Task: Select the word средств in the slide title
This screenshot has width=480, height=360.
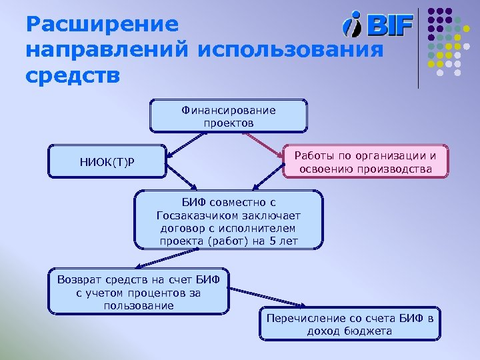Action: tap(73, 75)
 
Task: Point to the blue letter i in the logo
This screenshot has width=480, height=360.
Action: tap(352, 25)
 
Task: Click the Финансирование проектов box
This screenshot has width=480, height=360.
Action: tap(228, 117)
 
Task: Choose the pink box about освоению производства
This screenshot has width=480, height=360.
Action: tap(365, 163)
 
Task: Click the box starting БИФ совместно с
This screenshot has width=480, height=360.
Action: tap(228, 221)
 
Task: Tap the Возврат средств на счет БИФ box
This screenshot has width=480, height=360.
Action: tap(139, 291)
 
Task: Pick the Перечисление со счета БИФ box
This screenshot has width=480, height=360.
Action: tap(349, 324)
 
